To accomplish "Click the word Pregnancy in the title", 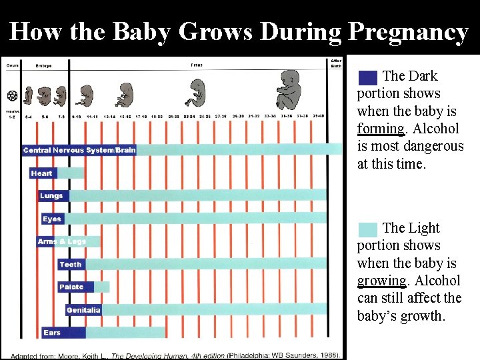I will pyautogui.click(x=408, y=32).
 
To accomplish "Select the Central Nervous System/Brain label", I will pyautogui.click(x=79, y=150).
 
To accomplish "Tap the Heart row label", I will pyautogui.click(x=41, y=173).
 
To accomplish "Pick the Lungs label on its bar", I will pyautogui.click(x=51, y=196).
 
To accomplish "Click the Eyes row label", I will pyautogui.click(x=52, y=219).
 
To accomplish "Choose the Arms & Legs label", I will pyautogui.click(x=62, y=241).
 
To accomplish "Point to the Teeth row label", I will pyautogui.click(x=71, y=265).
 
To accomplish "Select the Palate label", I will pyautogui.click(x=72, y=287).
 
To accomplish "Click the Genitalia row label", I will pyautogui.click(x=83, y=310).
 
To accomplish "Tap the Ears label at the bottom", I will pyautogui.click(x=52, y=333).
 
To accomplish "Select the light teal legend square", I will pyautogui.click(x=367, y=229).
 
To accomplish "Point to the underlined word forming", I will pyautogui.click(x=381, y=129).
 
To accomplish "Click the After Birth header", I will pyautogui.click(x=337, y=63).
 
